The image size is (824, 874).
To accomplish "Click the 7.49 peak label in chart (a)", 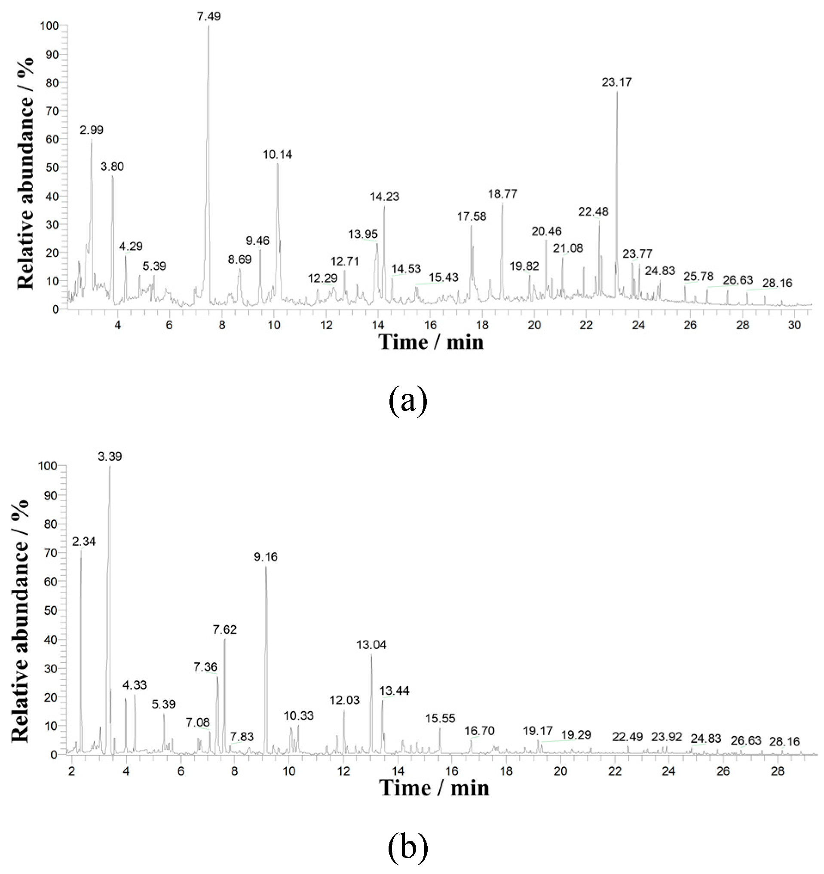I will [209, 17].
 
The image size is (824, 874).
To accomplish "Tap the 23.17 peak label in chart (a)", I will [616, 82].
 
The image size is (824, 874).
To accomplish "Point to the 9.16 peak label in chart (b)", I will [266, 557].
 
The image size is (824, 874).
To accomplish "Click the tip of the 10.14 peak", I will [278, 164].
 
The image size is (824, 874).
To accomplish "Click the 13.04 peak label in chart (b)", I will [371, 645].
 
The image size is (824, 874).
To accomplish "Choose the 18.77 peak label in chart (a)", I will [503, 194].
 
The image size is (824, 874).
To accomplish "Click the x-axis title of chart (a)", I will [431, 343].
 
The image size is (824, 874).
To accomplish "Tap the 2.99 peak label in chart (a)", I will [92, 130].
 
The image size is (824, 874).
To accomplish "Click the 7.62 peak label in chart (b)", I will [224, 629].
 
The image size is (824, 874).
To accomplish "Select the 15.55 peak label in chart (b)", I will [440, 718].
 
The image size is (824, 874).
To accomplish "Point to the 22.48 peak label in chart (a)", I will [593, 212].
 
